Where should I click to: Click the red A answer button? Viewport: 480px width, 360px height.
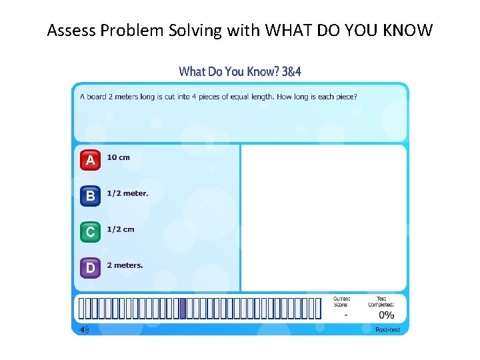[x=90, y=160]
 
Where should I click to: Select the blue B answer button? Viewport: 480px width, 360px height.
[x=90, y=196]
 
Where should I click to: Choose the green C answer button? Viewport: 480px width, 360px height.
[x=90, y=232]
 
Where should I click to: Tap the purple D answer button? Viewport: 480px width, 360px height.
[x=90, y=268]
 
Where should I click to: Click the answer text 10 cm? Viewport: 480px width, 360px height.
[x=119, y=157]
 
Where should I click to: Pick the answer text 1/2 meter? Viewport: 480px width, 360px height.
[x=127, y=193]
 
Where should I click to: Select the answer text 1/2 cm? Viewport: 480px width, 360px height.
[x=121, y=229]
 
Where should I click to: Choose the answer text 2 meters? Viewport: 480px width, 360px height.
[x=125, y=265]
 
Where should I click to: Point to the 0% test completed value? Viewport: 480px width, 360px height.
[x=386, y=315]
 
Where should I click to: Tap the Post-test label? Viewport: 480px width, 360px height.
[x=387, y=330]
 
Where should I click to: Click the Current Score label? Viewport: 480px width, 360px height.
[x=341, y=302]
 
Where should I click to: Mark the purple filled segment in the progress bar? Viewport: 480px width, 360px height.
[x=183, y=309]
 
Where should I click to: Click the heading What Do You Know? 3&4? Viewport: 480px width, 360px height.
[x=240, y=71]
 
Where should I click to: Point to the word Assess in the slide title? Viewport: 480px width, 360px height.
[x=69, y=30]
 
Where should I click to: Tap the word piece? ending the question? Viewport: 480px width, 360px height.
[x=345, y=97]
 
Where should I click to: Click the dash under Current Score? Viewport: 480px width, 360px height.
[x=345, y=315]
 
